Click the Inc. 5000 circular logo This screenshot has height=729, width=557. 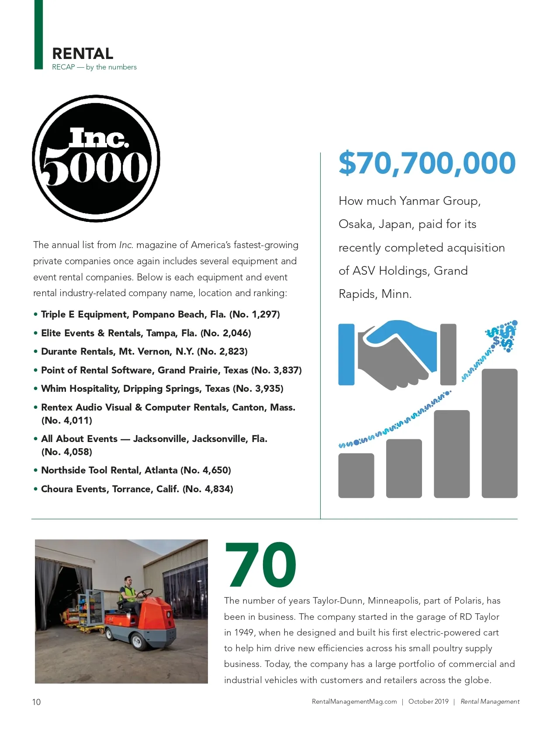(96, 159)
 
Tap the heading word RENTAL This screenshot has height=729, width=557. (83, 54)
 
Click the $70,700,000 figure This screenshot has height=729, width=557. (427, 163)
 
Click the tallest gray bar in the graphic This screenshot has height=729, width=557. (499, 433)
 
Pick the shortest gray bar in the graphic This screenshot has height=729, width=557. (356, 475)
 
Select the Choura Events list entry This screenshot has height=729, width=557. (137, 489)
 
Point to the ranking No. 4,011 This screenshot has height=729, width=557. (67, 421)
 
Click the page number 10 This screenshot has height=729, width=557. (36, 702)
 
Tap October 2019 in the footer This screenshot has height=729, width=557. (428, 701)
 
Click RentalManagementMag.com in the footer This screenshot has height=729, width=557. (354, 701)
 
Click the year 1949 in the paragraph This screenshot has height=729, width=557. (244, 632)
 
